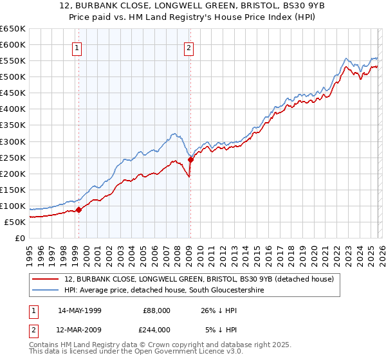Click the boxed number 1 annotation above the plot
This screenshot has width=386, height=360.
coord(77,47)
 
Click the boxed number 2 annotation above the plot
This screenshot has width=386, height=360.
coord(189,47)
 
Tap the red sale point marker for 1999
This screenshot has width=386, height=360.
coord(78,209)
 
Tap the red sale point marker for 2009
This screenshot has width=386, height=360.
coord(190,159)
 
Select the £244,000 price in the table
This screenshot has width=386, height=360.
coord(156,329)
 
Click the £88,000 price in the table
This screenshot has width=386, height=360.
coord(156,310)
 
